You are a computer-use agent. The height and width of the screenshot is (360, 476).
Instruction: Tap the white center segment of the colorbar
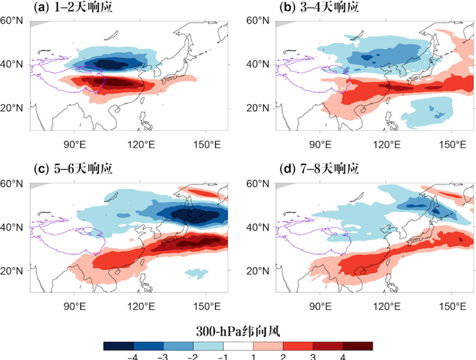[x=238, y=346]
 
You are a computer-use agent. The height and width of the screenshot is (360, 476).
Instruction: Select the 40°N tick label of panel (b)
[x=260, y=65]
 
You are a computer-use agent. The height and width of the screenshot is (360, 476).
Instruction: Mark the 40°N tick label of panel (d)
[x=260, y=227]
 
